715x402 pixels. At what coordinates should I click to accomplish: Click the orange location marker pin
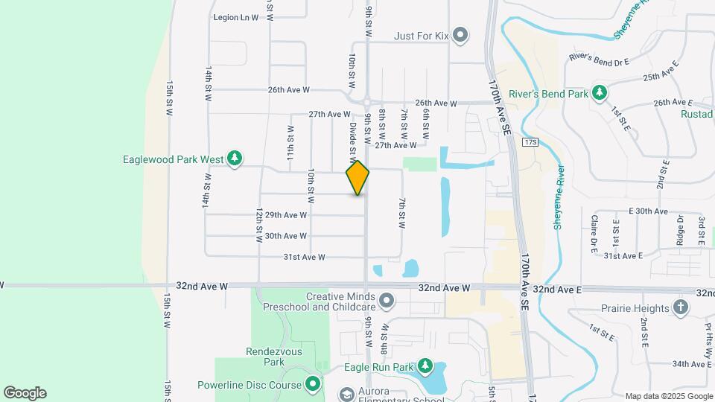click(x=357, y=178)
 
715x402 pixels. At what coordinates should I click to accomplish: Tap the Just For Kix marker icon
click(x=460, y=34)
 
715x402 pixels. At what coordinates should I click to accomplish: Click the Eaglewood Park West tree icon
click(x=235, y=158)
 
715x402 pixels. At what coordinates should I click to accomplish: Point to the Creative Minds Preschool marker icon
click(x=387, y=301)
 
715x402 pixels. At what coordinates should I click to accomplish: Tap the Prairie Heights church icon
click(x=679, y=307)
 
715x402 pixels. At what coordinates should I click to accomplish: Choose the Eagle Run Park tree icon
click(x=425, y=366)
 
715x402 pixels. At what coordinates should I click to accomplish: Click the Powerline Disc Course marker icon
click(x=313, y=385)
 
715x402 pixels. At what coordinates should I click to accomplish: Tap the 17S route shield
click(x=530, y=141)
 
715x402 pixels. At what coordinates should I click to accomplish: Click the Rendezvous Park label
click(x=265, y=357)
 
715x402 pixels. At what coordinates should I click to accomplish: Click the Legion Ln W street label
click(x=235, y=17)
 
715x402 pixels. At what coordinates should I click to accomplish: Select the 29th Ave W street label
click(x=286, y=215)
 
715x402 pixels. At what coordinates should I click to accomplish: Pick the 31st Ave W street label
click(x=305, y=257)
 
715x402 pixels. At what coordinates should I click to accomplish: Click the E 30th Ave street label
click(x=648, y=211)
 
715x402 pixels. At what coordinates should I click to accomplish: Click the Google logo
click(x=25, y=392)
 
